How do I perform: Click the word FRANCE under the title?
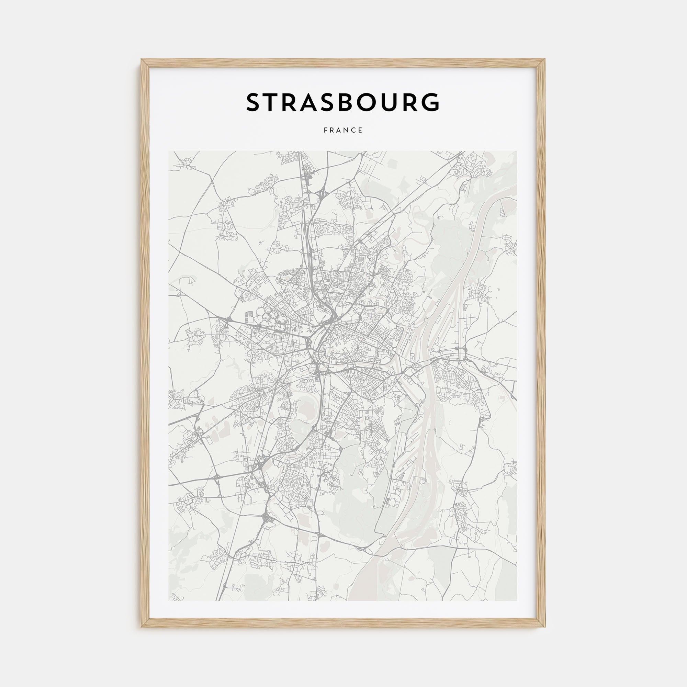click(x=343, y=131)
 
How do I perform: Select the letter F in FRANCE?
click(x=325, y=131)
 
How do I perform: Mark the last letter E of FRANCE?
click(x=361, y=131)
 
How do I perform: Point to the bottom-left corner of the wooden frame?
click(x=142, y=626)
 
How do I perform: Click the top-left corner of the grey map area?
click(x=169, y=151)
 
